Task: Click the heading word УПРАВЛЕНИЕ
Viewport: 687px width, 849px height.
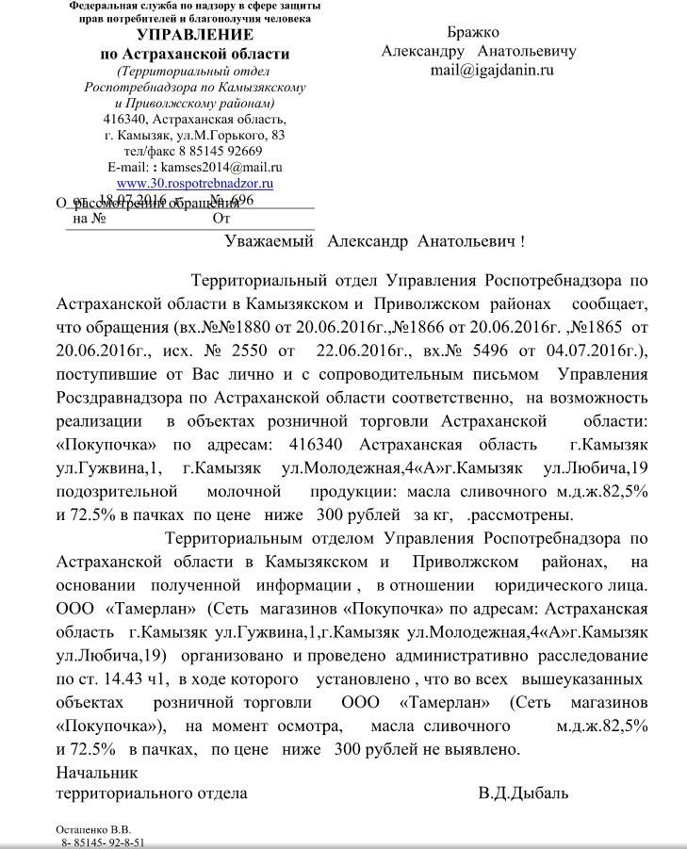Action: coord(194,35)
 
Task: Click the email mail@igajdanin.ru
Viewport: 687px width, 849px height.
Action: coord(492,70)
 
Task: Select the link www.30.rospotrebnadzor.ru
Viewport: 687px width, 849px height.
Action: coord(194,183)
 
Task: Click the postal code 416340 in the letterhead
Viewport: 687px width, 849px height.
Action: coord(123,120)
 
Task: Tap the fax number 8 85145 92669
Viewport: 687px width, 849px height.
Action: coord(221,151)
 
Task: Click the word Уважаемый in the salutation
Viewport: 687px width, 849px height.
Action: coord(269,241)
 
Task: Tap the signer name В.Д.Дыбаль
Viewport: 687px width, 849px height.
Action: coord(523,792)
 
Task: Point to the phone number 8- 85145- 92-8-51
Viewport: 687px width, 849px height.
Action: coord(104,842)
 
